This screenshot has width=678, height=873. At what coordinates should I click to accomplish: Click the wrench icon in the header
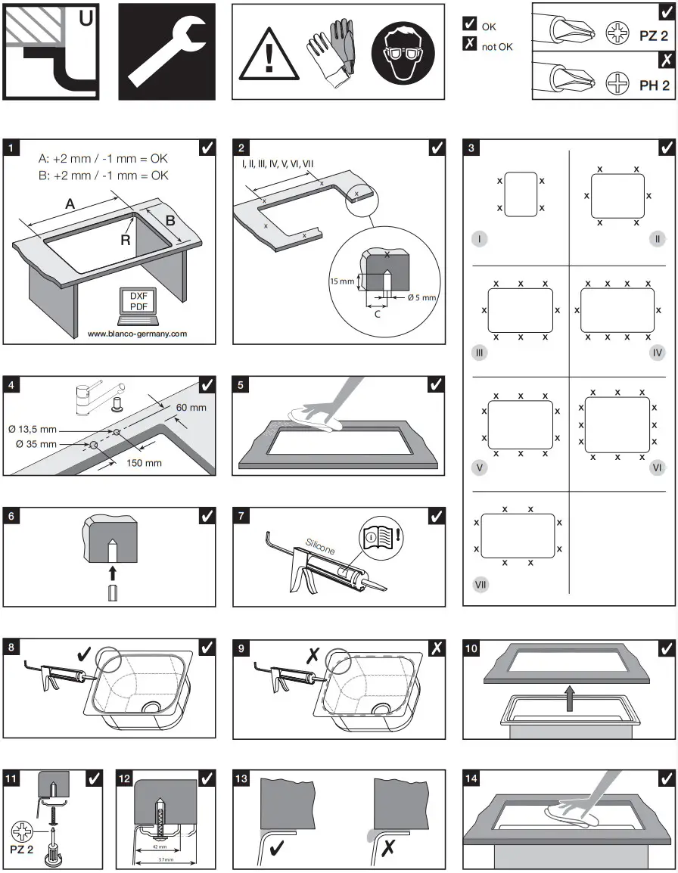pyautogui.click(x=166, y=51)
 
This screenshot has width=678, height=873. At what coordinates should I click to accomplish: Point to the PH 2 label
pyautogui.click(x=655, y=85)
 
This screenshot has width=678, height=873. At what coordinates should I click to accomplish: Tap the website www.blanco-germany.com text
pyautogui.click(x=137, y=334)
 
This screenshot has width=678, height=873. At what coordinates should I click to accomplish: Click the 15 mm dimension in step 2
pyautogui.click(x=341, y=281)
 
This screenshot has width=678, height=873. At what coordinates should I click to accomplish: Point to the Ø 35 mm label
pyautogui.click(x=36, y=444)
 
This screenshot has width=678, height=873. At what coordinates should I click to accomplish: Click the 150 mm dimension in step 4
pyautogui.click(x=144, y=463)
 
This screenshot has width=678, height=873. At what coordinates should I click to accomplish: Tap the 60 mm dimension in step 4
pyautogui.click(x=191, y=408)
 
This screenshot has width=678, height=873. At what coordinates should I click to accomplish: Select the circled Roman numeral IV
pyautogui.click(x=657, y=353)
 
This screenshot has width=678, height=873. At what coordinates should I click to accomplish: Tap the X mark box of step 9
pyautogui.click(x=437, y=649)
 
